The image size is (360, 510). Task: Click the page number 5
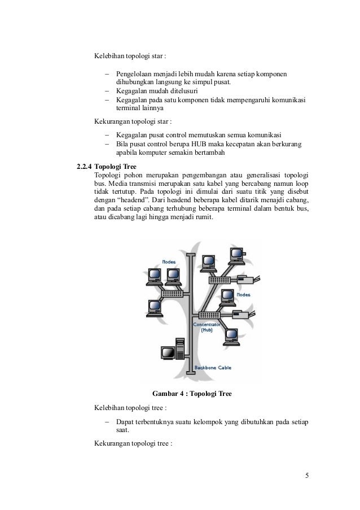click(x=307, y=475)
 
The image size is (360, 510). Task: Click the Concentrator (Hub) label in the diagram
click(x=208, y=328)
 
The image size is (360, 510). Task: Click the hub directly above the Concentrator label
click(x=207, y=315)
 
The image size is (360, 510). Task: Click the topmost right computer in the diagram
click(x=235, y=254)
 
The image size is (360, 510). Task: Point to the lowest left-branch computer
click(x=154, y=308)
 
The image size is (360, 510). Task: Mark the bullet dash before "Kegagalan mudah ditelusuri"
click(x=106, y=90)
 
